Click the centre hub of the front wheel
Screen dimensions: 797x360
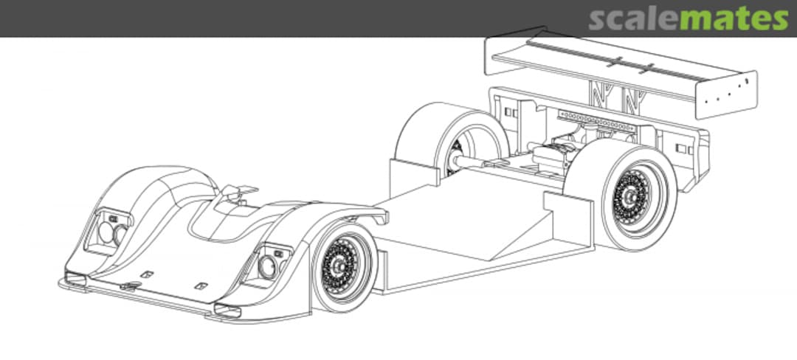tap(340, 265)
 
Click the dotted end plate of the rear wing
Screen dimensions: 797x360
tap(726, 94)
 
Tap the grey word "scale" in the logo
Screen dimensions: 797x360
tap(634, 19)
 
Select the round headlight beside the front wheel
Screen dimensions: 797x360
tap(267, 267)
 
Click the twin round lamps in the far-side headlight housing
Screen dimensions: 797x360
tap(113, 233)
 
